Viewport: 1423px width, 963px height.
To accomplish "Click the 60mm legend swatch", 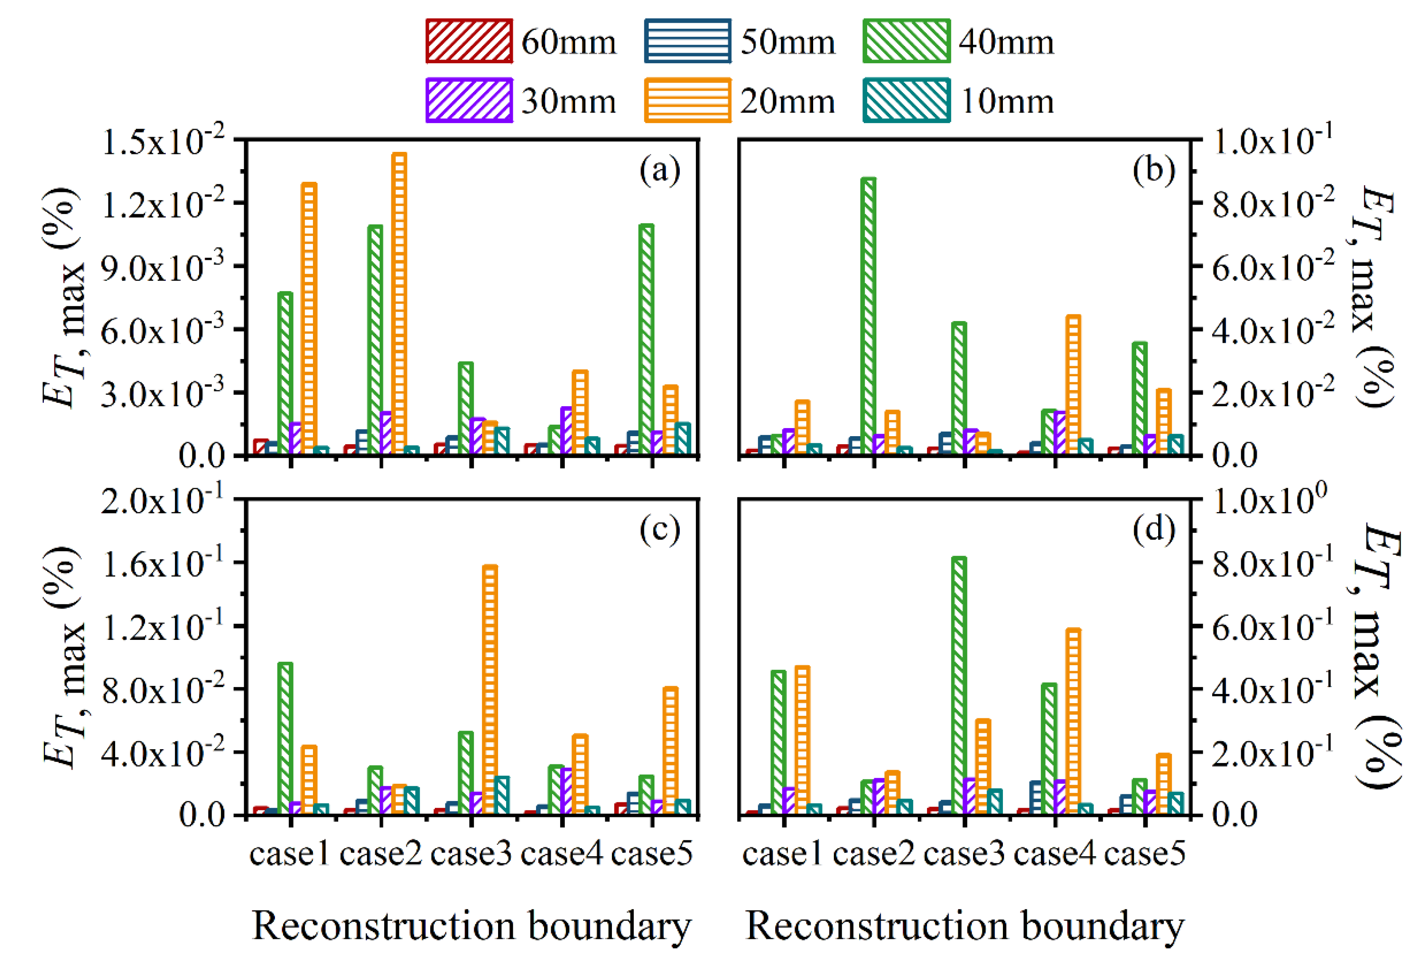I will click(x=469, y=41).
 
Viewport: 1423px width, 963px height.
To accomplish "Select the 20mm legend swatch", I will click(x=687, y=100).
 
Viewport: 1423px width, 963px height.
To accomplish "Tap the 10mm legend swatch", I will click(x=906, y=100).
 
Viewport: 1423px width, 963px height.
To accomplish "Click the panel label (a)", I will click(x=660, y=171).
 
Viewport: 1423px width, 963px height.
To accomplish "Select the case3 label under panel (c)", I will click(x=471, y=853).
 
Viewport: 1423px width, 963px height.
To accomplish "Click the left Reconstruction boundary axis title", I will click(x=472, y=925).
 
